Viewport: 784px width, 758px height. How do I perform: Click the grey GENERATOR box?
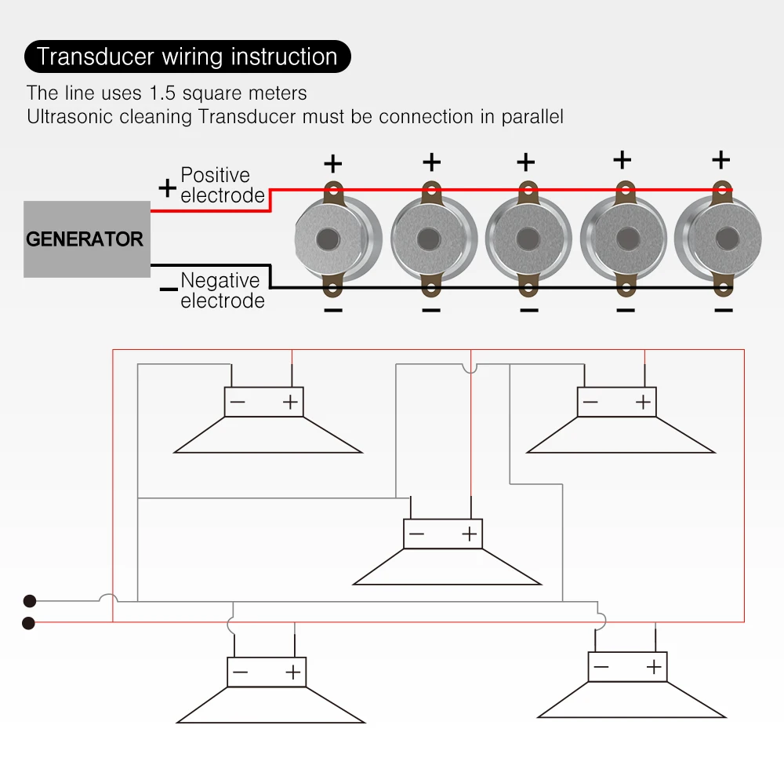point(86,239)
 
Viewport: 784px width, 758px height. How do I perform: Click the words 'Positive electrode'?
point(222,185)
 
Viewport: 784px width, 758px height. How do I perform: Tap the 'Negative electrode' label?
point(222,290)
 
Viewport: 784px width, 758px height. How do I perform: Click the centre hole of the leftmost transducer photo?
point(327,239)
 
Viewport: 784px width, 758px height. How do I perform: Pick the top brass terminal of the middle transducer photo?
point(528,191)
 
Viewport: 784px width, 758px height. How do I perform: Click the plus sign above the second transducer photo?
point(431,162)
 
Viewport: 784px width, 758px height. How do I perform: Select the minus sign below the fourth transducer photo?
point(625,311)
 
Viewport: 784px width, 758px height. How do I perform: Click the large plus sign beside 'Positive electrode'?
point(167,188)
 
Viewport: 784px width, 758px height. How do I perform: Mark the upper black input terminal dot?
point(30,601)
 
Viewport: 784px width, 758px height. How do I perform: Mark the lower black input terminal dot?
point(30,623)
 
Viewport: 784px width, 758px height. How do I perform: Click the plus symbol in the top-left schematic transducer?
point(291,403)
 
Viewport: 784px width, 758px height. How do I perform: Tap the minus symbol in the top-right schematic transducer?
point(590,403)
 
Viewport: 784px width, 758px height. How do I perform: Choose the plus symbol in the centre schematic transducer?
point(469,534)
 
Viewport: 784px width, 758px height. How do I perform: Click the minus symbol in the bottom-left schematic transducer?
point(240,672)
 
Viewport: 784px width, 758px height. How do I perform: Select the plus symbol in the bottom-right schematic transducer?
point(653,667)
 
